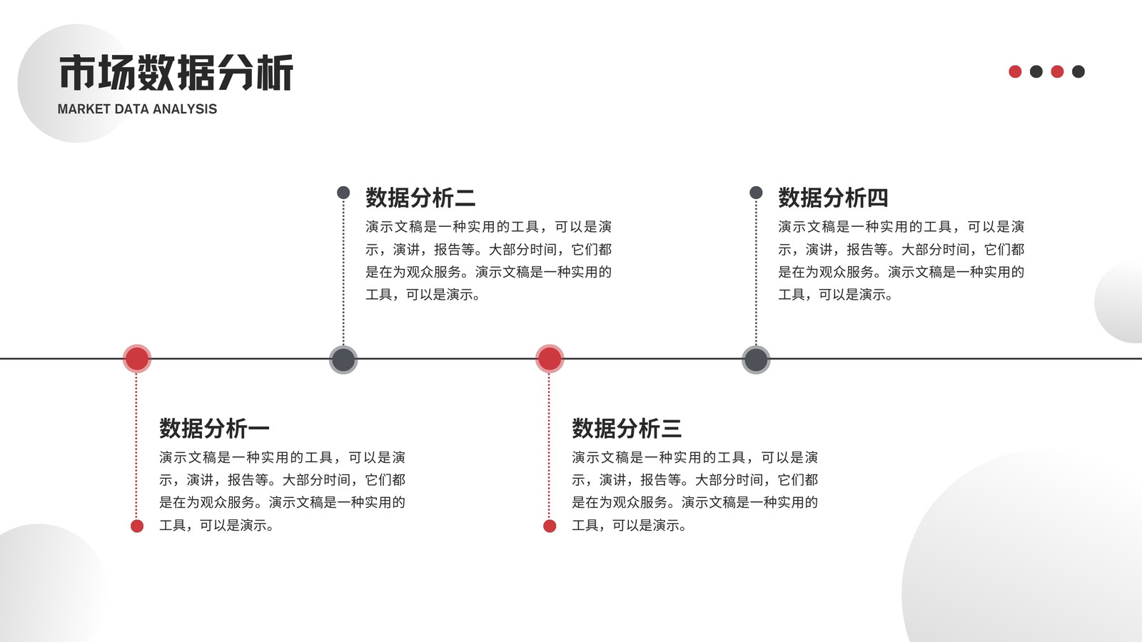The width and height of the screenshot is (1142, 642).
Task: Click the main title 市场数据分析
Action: pos(176,72)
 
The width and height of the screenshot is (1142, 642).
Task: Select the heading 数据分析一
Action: pos(214,428)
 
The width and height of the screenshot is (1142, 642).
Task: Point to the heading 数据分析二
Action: pos(420,198)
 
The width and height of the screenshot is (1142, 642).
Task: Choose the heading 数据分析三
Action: pos(627,428)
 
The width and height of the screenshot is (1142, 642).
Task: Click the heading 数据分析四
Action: pos(833,198)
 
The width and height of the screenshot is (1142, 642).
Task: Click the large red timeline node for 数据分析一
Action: pos(137,359)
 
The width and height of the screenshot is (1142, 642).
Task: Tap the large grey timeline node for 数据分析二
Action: pos(343,360)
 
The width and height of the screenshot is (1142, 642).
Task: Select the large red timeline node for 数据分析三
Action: pos(550,359)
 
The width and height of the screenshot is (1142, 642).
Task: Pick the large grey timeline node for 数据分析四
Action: pos(756,360)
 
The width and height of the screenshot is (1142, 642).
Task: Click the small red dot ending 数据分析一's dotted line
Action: pos(137,526)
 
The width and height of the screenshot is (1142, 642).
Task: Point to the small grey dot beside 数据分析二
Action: pos(343,193)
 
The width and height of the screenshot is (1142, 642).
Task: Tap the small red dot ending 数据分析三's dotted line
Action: pos(550,526)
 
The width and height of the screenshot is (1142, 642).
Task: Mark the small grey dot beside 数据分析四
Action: pos(756,193)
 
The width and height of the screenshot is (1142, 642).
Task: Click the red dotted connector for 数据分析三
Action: pos(549,447)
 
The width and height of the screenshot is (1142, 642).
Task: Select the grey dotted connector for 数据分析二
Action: pos(343,272)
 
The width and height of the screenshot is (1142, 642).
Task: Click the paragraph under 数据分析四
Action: pos(901,260)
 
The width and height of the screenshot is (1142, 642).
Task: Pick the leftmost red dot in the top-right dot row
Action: pos(1015,71)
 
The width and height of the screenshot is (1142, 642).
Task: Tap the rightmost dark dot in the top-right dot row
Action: pos(1078,71)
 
